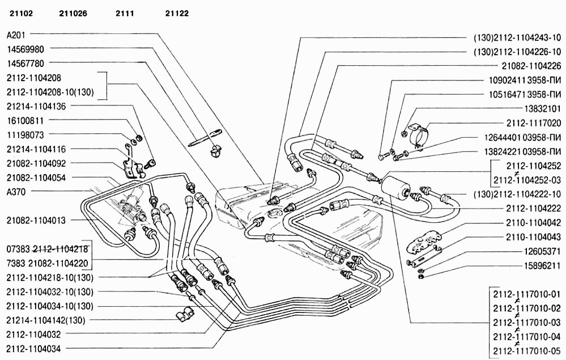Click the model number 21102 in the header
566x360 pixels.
(x=20, y=12)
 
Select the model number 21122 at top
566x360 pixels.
(x=177, y=12)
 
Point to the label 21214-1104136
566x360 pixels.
(x=36, y=105)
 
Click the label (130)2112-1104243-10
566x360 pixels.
(x=517, y=38)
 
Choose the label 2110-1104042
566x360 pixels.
(x=533, y=223)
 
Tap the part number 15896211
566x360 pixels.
(x=541, y=264)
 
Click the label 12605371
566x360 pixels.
(x=541, y=251)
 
